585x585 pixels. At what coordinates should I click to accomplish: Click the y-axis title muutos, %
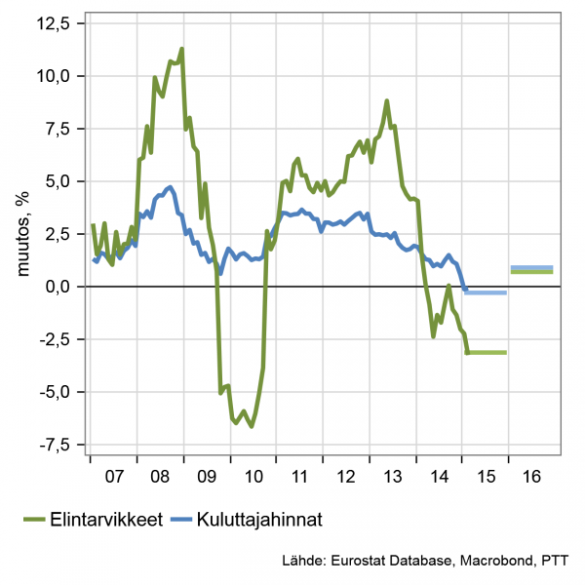(20, 234)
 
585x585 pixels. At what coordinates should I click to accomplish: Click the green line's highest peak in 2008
(182, 49)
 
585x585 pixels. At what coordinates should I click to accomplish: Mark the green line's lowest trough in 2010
(252, 426)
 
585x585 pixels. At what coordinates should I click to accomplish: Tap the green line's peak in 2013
(387, 100)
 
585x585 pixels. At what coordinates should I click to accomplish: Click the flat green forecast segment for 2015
(487, 352)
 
